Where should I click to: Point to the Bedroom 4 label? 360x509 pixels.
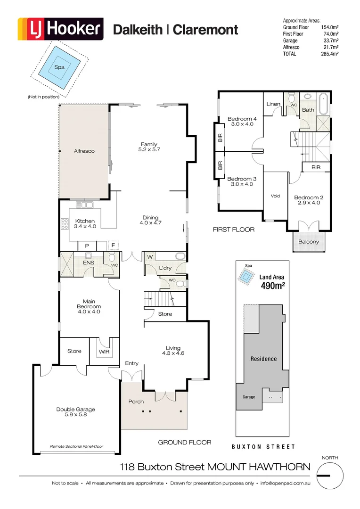(x=242, y=121)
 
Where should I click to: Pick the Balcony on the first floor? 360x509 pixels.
(x=309, y=242)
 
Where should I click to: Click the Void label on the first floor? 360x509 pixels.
(x=275, y=196)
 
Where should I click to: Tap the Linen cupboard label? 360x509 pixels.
(x=273, y=104)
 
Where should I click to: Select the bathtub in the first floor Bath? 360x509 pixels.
(x=323, y=104)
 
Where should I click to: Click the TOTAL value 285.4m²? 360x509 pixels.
(x=330, y=54)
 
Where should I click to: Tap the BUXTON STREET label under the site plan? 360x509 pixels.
(x=263, y=446)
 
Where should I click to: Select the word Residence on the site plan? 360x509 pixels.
(x=263, y=359)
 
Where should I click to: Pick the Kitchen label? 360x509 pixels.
(x=85, y=223)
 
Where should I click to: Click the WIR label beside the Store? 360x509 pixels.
(x=104, y=352)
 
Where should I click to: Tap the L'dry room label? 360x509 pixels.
(x=165, y=268)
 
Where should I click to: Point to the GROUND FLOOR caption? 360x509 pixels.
(x=184, y=442)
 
